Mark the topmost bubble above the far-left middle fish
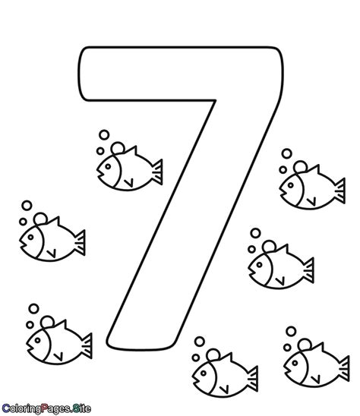point(27,205)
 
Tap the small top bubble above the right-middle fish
point(255,232)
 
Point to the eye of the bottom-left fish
point(35,337)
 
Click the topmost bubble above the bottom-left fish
point(33,308)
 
